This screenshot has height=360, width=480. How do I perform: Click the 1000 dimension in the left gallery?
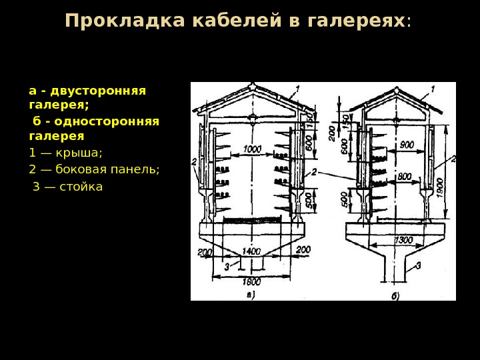pos(252,149)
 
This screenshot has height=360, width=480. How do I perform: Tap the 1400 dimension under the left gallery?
pos(251,251)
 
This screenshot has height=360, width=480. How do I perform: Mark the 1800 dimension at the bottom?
pos(251,281)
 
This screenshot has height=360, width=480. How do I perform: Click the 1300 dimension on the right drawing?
pos(403,240)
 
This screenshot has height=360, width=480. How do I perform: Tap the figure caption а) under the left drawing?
pos(251,293)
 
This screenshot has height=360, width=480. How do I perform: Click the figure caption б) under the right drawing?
pos(395,296)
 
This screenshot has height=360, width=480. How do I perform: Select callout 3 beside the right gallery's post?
pos(419,265)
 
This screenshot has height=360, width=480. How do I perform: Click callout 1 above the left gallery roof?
pos(297,87)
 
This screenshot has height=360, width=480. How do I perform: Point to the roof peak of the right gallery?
pos(397,88)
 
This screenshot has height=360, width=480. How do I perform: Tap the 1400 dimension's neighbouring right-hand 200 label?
pos(303,249)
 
